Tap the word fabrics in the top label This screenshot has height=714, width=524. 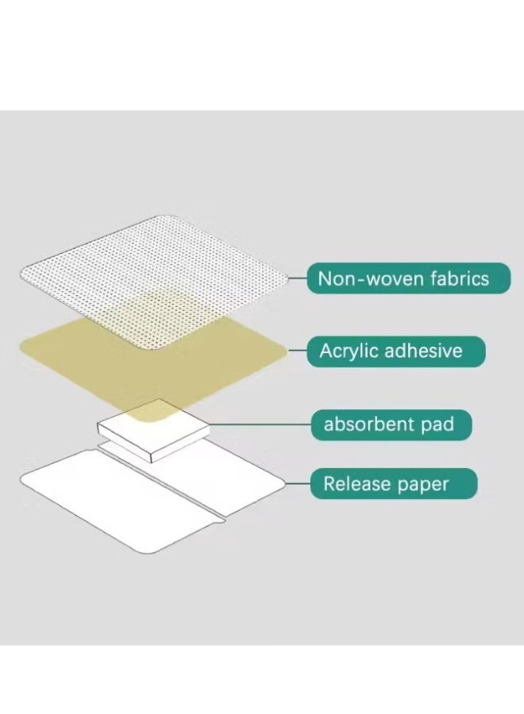pos(460,278)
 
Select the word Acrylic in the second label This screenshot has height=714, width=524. pos(349,351)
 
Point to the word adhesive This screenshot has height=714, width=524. pos(423,351)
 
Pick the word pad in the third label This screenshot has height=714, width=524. pos(437,425)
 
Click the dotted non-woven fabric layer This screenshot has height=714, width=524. pos(154,278)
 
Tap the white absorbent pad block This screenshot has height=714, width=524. pos(153,430)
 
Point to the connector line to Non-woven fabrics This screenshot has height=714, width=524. pos(298,278)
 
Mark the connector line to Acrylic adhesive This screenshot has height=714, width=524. pos(298,351)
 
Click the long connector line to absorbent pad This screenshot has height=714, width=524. pos(260,424)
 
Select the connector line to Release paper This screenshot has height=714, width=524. pos(298,484)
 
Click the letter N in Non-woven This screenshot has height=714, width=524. pos(324,278)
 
